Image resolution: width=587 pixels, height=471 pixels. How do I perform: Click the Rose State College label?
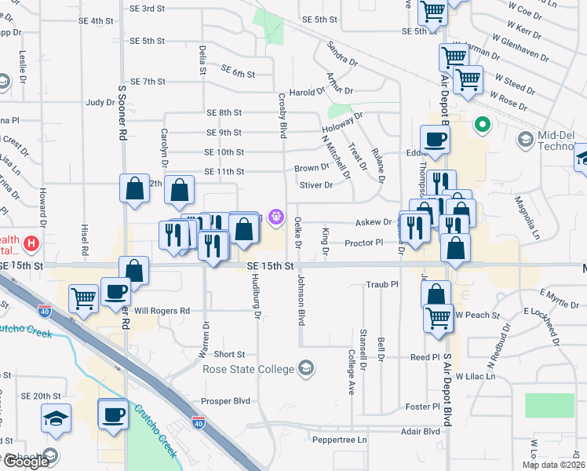(x=248, y=369)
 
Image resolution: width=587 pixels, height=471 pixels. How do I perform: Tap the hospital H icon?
(x=32, y=244)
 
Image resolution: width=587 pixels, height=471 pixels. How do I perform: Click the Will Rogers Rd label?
(x=162, y=311)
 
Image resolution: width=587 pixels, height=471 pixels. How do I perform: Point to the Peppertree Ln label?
(x=340, y=440)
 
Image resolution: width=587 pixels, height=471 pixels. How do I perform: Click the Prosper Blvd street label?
(x=225, y=400)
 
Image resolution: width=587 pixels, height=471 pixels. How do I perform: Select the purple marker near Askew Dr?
(x=275, y=217)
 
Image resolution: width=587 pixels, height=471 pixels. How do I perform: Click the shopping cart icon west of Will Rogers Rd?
(x=84, y=298)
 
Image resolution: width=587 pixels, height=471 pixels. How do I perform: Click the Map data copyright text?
(x=553, y=465)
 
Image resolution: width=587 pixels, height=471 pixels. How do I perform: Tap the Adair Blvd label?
(x=421, y=431)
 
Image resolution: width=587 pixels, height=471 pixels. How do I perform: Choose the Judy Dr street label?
(x=100, y=102)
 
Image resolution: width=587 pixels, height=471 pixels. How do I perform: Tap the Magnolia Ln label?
(x=535, y=220)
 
